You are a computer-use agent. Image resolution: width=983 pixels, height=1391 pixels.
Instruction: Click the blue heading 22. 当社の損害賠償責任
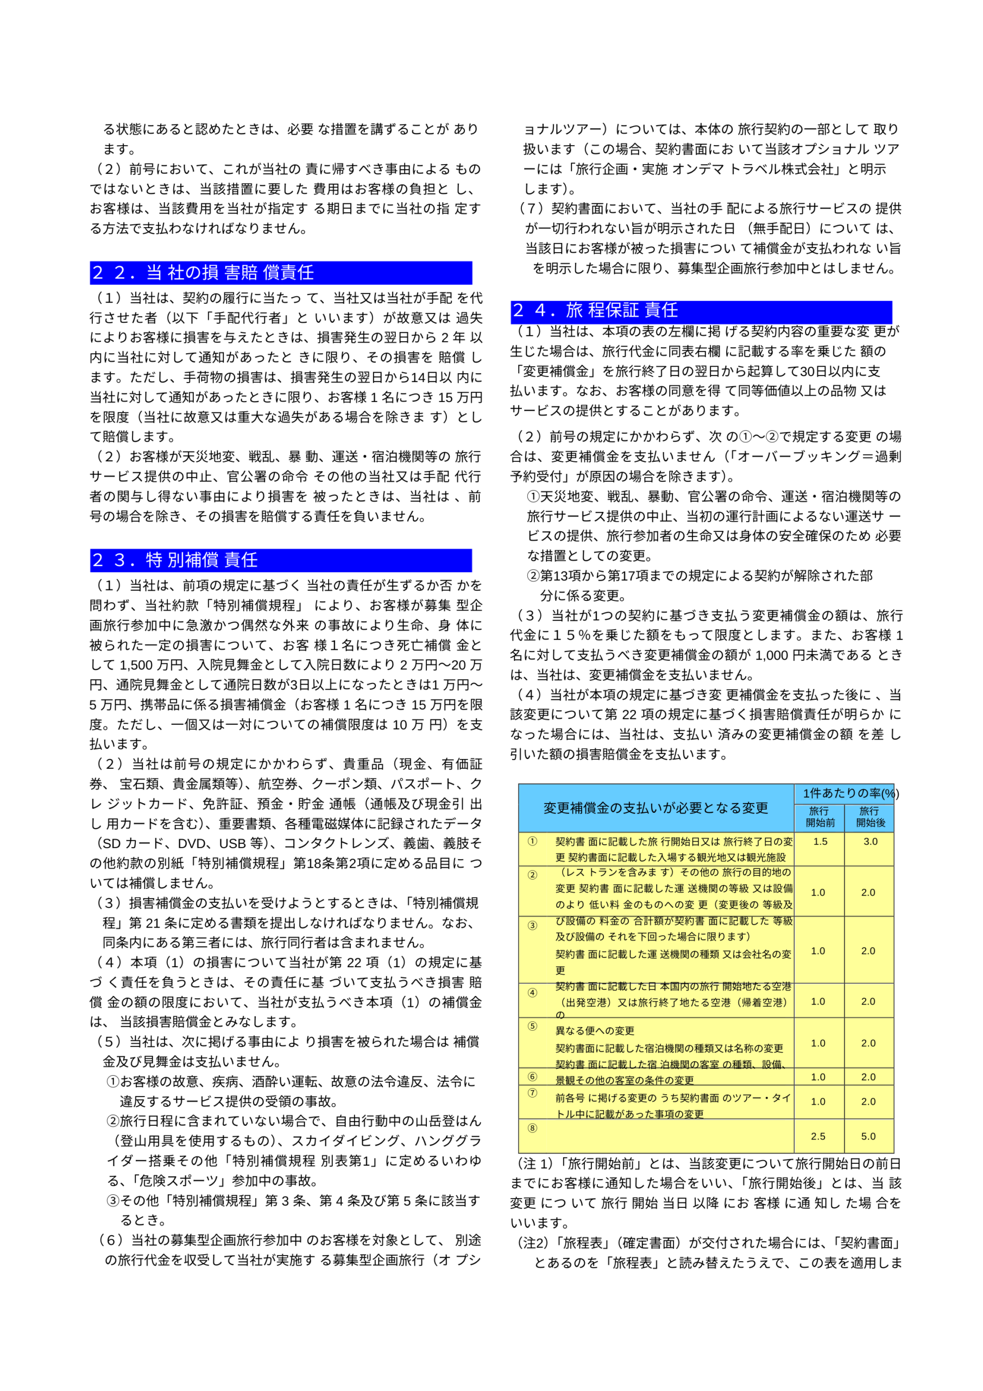[203, 273]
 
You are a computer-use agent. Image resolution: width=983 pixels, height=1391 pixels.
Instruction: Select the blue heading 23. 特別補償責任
[175, 560]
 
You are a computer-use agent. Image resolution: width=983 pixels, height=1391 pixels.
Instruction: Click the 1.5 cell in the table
[820, 842]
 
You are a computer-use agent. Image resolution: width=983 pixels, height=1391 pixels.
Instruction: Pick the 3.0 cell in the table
[871, 842]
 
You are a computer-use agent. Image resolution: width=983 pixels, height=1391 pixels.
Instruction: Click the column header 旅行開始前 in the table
[820, 817]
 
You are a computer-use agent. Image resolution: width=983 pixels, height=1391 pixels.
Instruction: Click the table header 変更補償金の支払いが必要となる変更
[656, 807]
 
